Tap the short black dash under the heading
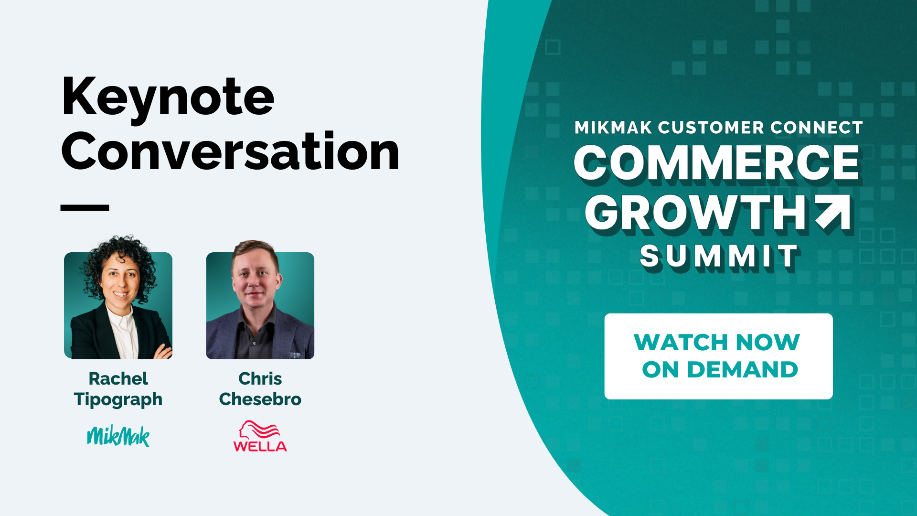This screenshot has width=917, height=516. [85, 208]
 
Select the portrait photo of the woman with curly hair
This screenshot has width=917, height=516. [118, 297]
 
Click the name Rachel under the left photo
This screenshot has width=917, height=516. [118, 378]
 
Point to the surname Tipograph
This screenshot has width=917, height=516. [118, 399]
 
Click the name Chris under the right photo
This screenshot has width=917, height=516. [260, 378]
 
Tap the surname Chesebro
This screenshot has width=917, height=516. [260, 399]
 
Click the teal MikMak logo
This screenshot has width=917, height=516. [118, 436]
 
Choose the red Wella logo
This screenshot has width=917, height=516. [260, 436]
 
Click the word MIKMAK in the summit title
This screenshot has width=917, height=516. [613, 128]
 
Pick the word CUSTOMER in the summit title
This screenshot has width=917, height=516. [711, 128]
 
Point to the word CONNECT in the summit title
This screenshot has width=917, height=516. [817, 128]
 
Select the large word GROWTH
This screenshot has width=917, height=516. [697, 214]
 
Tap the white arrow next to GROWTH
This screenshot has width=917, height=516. [833, 212]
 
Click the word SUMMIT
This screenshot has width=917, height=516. [719, 257]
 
